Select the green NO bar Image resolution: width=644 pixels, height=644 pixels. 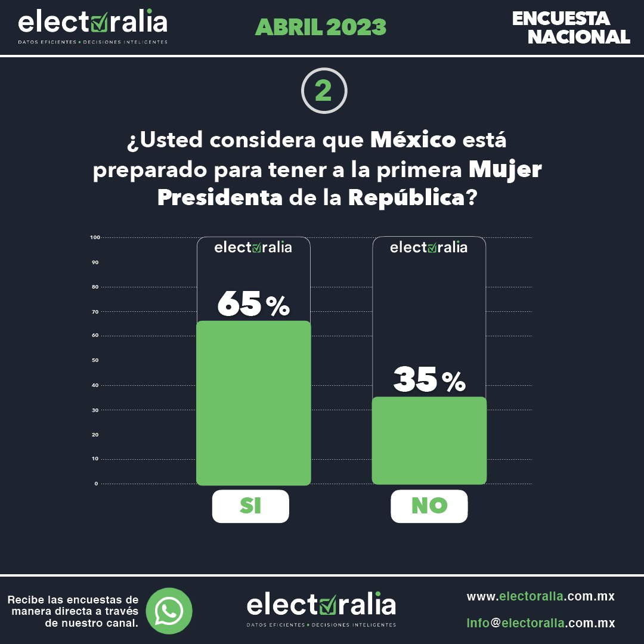(429, 441)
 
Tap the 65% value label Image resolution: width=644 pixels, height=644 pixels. (253, 304)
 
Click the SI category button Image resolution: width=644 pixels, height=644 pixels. (250, 506)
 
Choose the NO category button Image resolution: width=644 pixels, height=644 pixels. (429, 506)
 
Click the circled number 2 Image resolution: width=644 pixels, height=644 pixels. (324, 91)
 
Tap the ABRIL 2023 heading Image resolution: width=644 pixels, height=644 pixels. (321, 27)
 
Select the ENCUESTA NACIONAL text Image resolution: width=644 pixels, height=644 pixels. (570, 27)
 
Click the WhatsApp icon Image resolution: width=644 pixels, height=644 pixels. (169, 611)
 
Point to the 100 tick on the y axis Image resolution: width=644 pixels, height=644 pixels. (94, 237)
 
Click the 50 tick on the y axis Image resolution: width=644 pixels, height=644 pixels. (95, 361)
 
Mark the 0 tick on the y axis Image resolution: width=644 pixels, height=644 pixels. (96, 484)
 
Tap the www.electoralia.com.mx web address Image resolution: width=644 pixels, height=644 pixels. (540, 596)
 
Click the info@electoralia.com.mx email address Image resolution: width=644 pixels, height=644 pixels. (540, 623)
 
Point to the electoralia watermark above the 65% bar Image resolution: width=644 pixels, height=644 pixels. (253, 247)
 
